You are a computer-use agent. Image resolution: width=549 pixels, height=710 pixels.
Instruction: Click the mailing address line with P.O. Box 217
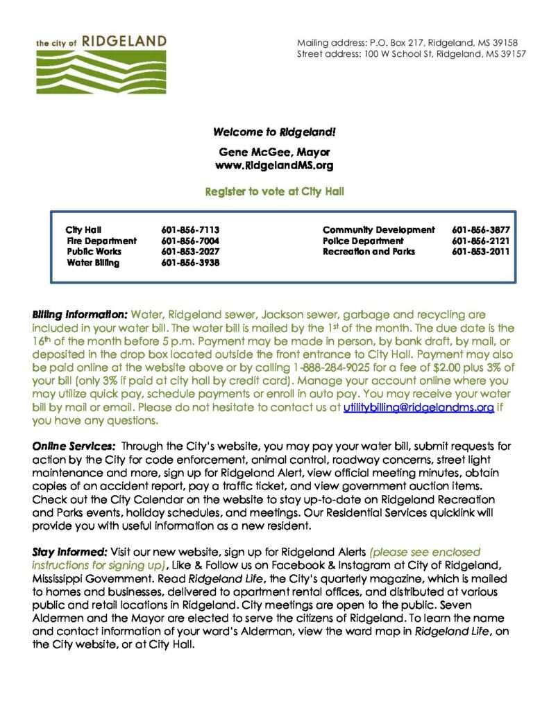[407, 43]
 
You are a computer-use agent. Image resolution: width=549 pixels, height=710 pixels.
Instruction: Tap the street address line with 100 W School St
[412, 53]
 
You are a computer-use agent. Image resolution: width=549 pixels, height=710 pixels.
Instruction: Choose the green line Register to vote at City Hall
[274, 191]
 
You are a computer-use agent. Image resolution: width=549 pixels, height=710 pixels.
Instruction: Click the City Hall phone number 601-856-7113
[190, 230]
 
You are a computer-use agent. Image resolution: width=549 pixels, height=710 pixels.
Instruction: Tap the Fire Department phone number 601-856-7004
[190, 241]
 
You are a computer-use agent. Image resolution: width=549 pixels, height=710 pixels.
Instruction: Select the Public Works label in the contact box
[94, 252]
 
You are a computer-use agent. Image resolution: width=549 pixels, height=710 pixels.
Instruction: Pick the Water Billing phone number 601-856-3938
[190, 263]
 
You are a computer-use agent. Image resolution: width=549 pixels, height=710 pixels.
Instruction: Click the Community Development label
[378, 230]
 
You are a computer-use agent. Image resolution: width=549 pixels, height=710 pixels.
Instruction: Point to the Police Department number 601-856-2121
[480, 241]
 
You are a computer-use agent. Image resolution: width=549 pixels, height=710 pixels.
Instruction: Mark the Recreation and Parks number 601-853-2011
[480, 252]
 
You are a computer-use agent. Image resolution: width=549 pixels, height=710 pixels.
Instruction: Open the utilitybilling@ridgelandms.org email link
[419, 408]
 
